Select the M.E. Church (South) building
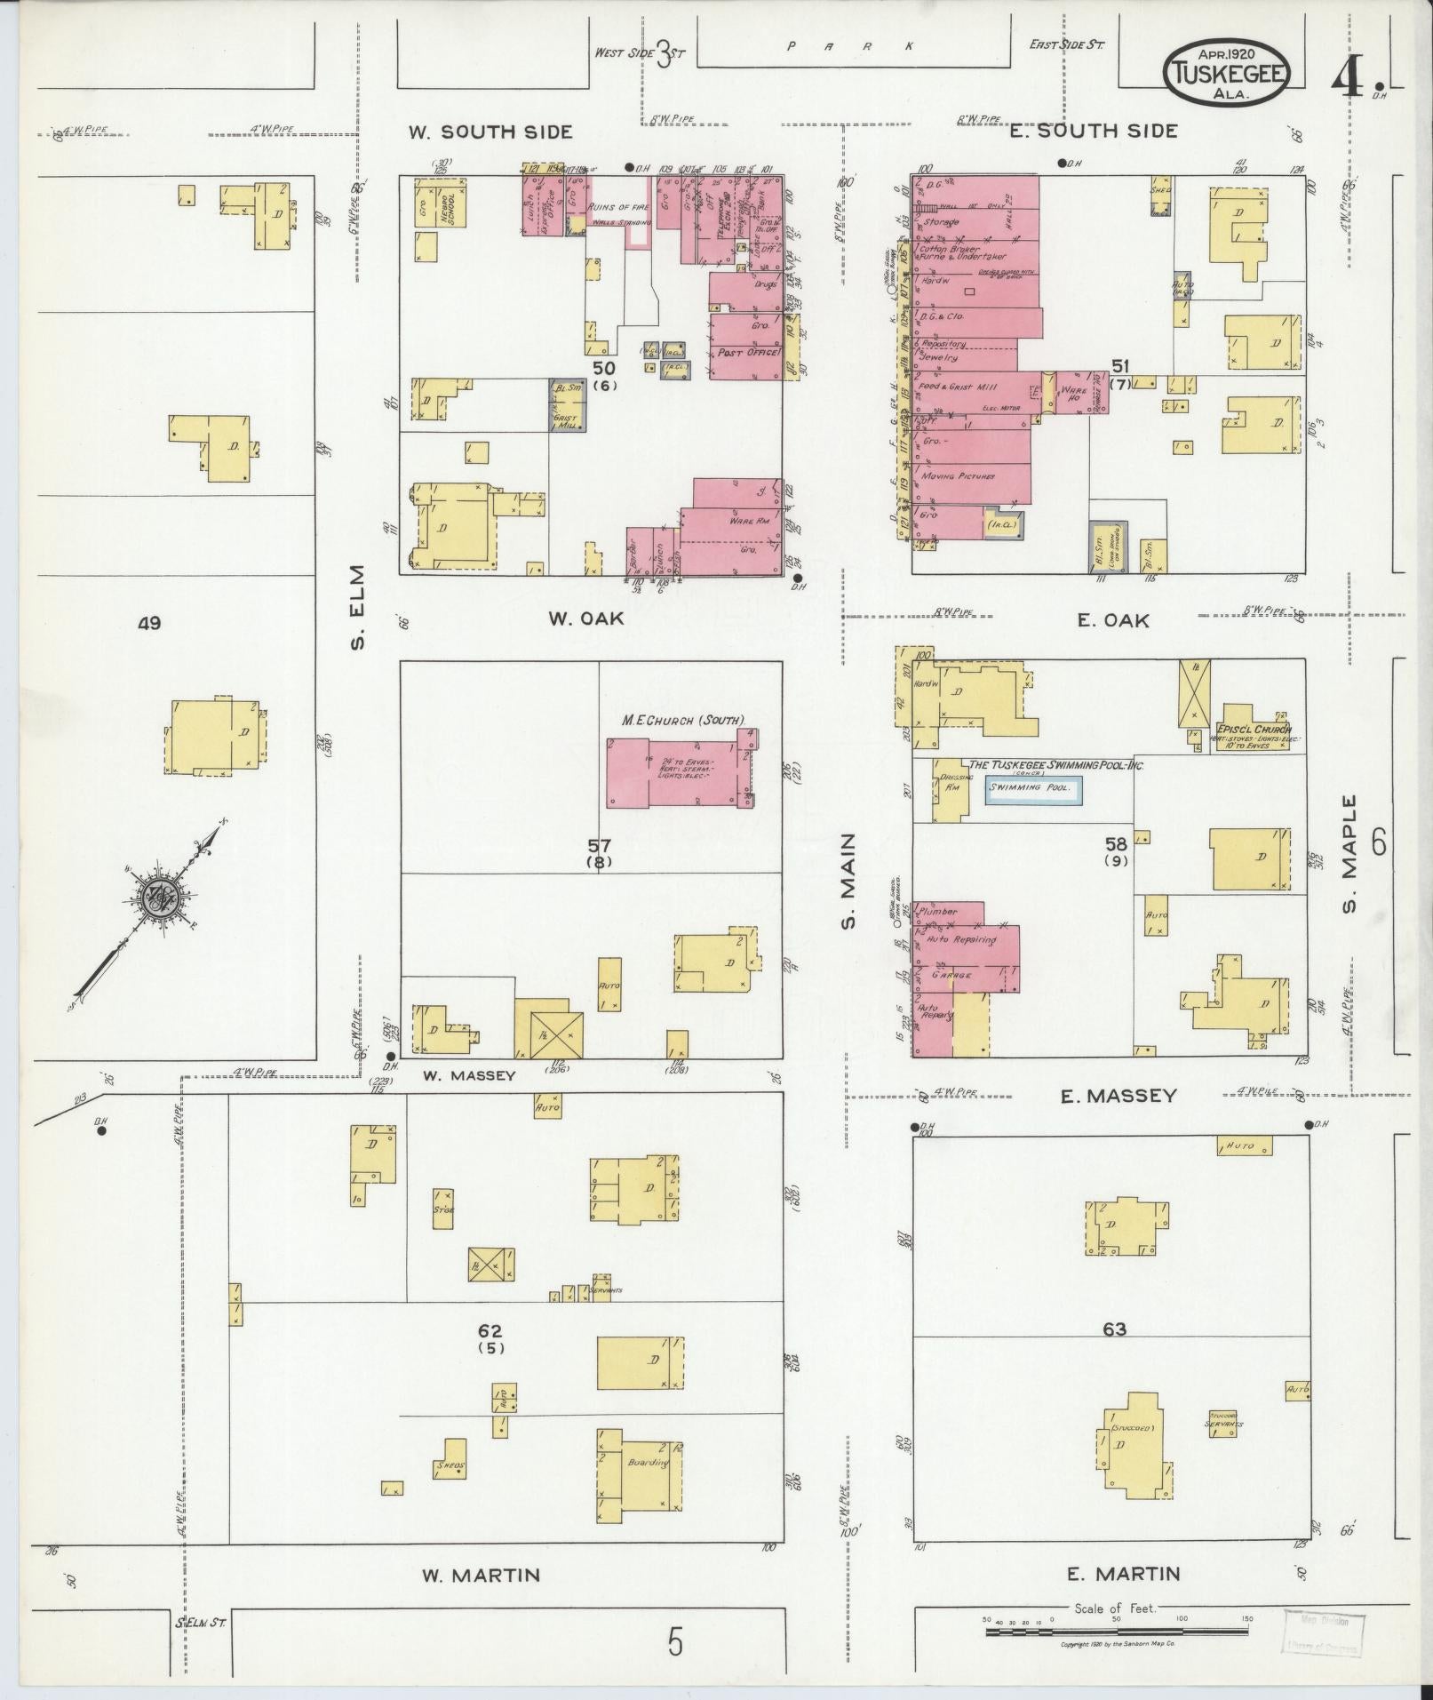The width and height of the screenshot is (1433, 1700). [x=680, y=770]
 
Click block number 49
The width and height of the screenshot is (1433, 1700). [x=149, y=624]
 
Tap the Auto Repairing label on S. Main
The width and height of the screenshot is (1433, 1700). [x=960, y=939]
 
